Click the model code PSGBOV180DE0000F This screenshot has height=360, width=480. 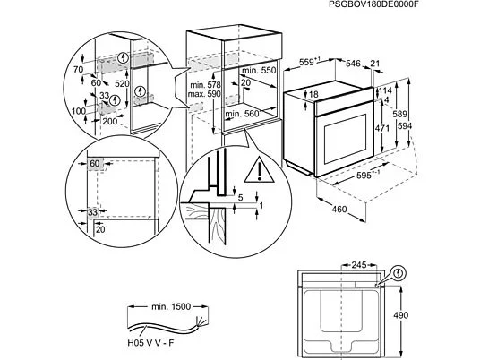(x=373, y=4)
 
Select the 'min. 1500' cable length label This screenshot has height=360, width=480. (x=171, y=306)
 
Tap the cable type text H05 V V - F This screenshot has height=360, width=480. (x=150, y=343)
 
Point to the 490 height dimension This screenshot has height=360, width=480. (x=400, y=315)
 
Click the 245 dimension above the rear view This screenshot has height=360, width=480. (x=359, y=264)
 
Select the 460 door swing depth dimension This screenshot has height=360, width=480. (x=339, y=209)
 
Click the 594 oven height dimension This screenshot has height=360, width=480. (x=405, y=125)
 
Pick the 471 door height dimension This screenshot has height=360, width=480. (x=382, y=128)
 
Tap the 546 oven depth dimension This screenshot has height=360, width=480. (x=353, y=64)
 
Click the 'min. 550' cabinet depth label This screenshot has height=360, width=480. (x=259, y=71)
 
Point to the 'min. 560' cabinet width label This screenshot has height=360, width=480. (x=242, y=114)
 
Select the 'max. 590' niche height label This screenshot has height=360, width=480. (x=204, y=94)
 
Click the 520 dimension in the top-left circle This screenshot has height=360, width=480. (x=122, y=83)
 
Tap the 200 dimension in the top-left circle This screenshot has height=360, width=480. (x=109, y=122)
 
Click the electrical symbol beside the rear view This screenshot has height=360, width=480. (x=399, y=272)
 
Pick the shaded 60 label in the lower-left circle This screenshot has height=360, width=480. (x=95, y=164)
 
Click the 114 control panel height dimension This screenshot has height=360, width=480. (x=385, y=90)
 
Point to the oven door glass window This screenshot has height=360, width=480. (x=345, y=139)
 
